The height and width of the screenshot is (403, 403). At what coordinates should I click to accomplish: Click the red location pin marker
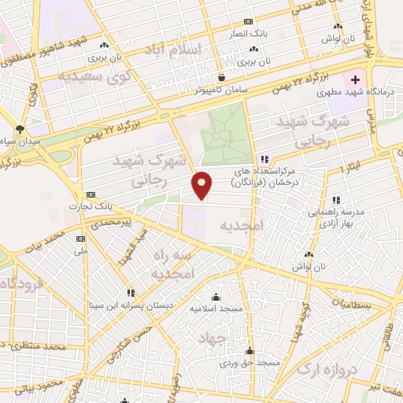202,184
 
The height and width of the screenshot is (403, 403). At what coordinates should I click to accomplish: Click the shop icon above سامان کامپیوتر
223,78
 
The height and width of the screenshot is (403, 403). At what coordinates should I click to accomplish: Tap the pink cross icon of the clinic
354,79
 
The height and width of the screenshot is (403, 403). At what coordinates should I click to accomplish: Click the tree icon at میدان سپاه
20,128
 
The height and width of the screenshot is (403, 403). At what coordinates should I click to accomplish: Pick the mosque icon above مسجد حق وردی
250,350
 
